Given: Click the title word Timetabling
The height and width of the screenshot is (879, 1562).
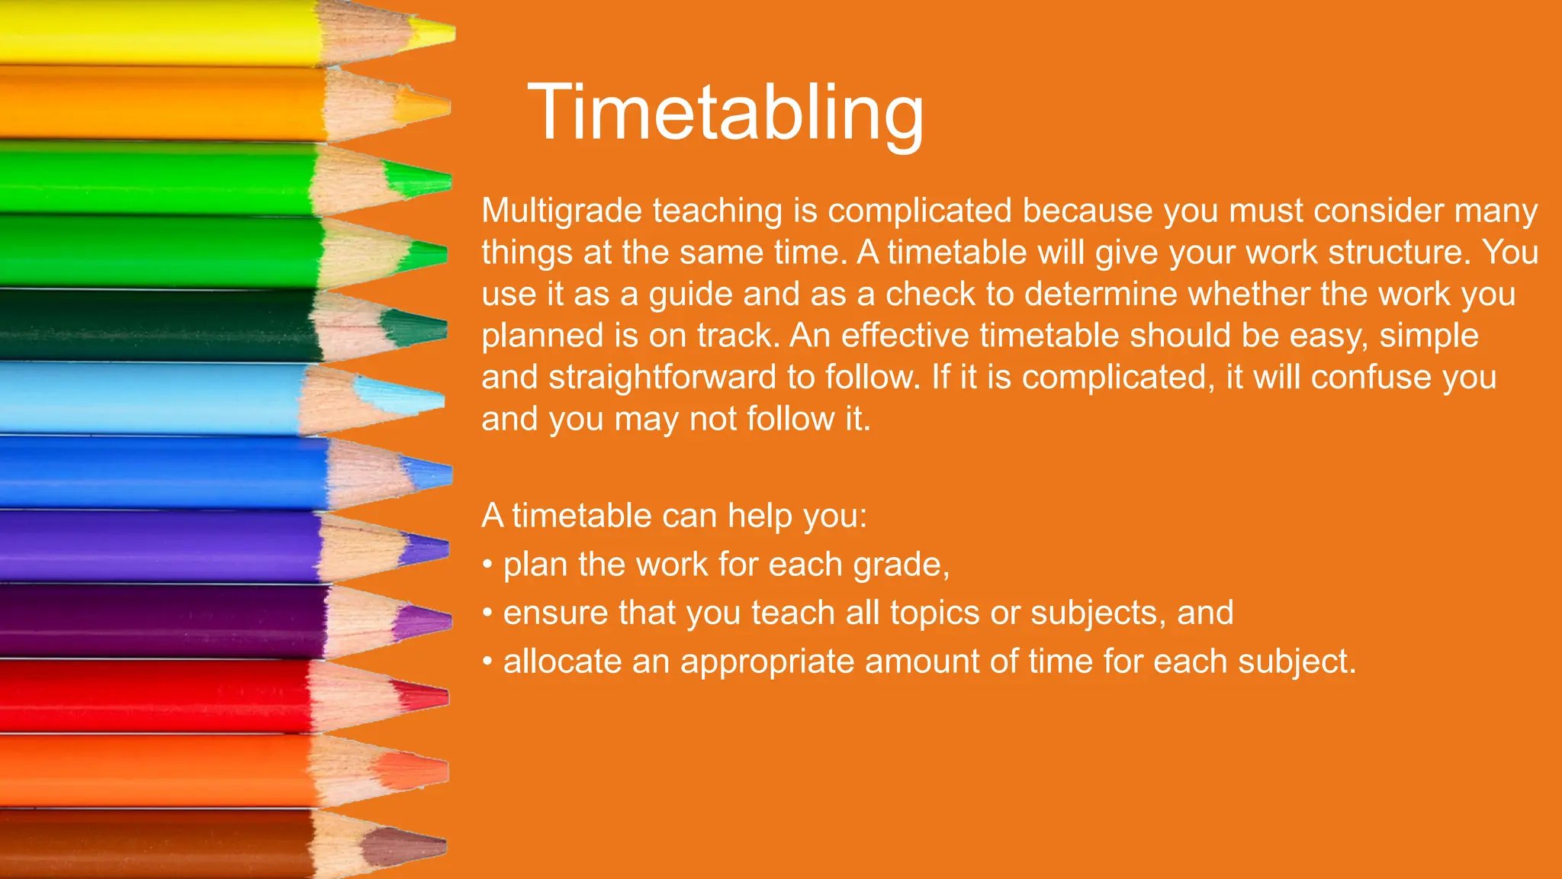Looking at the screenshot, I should [x=725, y=113].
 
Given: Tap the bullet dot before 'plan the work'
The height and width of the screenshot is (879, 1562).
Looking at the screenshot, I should [x=487, y=565].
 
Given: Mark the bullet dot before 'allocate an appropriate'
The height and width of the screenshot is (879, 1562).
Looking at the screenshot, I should [x=487, y=662].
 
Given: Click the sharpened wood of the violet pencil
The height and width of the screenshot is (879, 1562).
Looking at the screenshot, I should [x=358, y=547].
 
